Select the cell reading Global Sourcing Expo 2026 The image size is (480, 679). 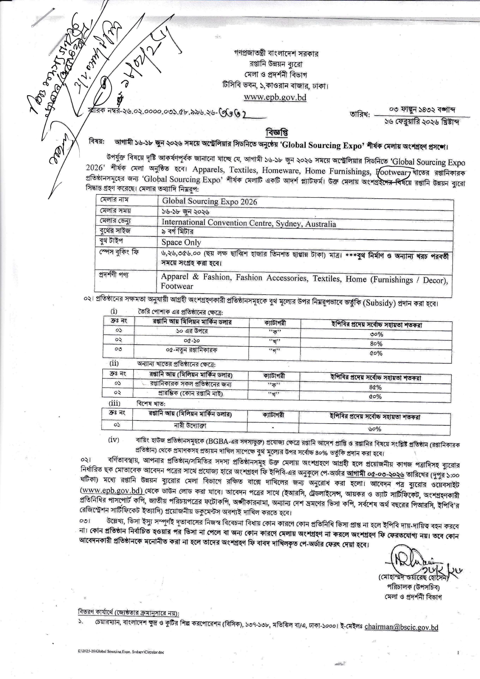tap(210, 202)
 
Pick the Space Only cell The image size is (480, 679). tap(181, 242)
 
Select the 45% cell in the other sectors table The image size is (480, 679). tap(375, 387)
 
